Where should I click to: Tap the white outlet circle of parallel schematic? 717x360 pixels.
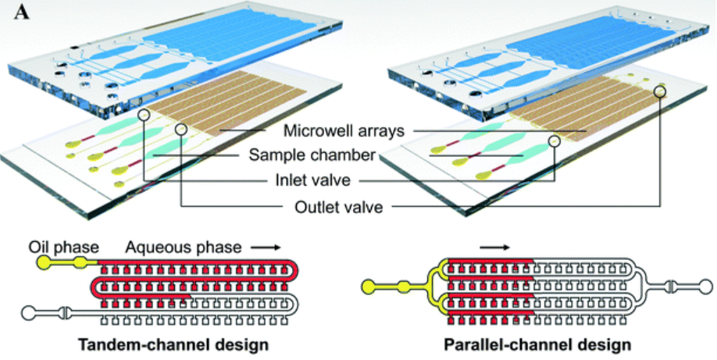[x=701, y=286]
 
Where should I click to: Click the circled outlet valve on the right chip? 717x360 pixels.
[x=661, y=91]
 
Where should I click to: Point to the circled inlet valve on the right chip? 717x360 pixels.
[x=554, y=141]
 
